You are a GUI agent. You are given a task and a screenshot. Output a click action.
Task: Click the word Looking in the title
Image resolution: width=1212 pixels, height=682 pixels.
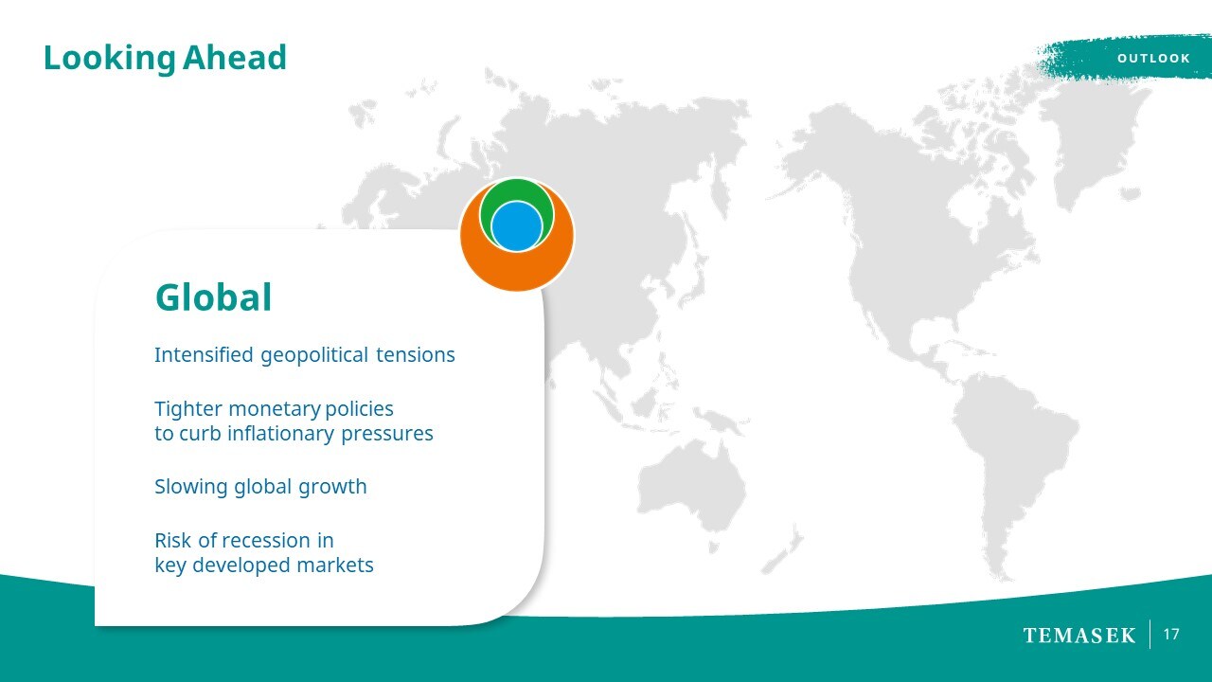[109, 59]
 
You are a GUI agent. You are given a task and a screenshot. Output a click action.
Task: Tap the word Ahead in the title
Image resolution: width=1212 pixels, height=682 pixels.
[234, 57]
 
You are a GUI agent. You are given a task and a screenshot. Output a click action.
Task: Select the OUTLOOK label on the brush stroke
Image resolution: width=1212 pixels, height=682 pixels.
[1153, 58]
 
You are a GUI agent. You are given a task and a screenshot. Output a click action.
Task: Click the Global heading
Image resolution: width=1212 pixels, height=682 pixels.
[213, 297]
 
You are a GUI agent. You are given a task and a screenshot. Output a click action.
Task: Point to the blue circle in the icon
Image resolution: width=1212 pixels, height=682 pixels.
[517, 226]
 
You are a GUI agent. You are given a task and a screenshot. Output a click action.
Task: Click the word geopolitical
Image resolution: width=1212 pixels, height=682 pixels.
[314, 355]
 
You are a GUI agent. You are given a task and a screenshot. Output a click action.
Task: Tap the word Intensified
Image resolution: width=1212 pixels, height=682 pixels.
[204, 354]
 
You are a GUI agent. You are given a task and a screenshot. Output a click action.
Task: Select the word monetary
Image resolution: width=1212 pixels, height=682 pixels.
[275, 409]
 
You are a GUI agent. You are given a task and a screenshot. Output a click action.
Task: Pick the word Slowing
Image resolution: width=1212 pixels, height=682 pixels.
[191, 487]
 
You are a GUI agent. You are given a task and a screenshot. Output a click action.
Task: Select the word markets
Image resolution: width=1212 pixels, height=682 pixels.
[335, 565]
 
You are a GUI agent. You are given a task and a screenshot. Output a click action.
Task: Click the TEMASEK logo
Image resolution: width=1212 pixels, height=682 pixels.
[1078, 635]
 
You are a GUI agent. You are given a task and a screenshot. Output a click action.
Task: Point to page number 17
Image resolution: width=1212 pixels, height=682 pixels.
[1171, 635]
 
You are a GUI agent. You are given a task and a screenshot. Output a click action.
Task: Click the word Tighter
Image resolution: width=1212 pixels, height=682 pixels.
[188, 409]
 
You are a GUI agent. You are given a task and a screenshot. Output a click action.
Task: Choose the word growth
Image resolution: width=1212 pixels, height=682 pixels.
[332, 487]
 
